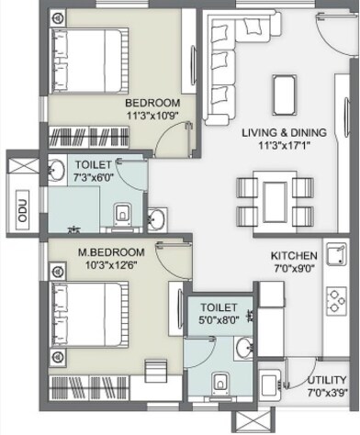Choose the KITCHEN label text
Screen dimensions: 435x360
click(x=294, y=255)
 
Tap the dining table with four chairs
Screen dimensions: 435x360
click(x=274, y=200)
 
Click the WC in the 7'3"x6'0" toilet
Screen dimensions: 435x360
click(x=121, y=215)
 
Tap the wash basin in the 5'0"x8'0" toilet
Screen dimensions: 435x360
click(x=243, y=347)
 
